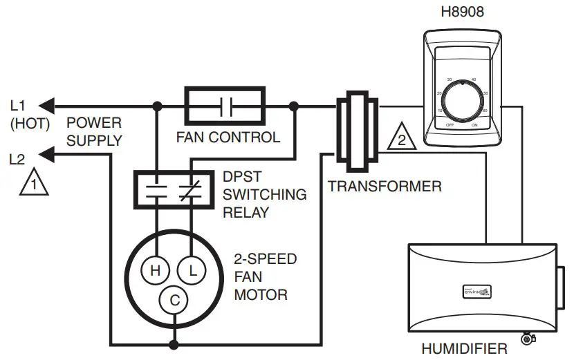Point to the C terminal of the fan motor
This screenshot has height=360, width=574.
tap(174, 300)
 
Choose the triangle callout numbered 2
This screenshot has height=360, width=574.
tap(400, 138)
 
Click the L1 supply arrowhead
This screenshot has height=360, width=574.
tap(46, 106)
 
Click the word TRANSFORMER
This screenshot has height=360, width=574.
tap(385, 186)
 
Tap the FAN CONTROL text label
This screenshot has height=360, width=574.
tap(228, 137)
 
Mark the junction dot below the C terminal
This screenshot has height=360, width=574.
tap(174, 343)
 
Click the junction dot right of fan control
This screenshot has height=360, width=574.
tap(295, 106)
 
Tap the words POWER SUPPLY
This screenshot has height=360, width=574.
tap(94, 132)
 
